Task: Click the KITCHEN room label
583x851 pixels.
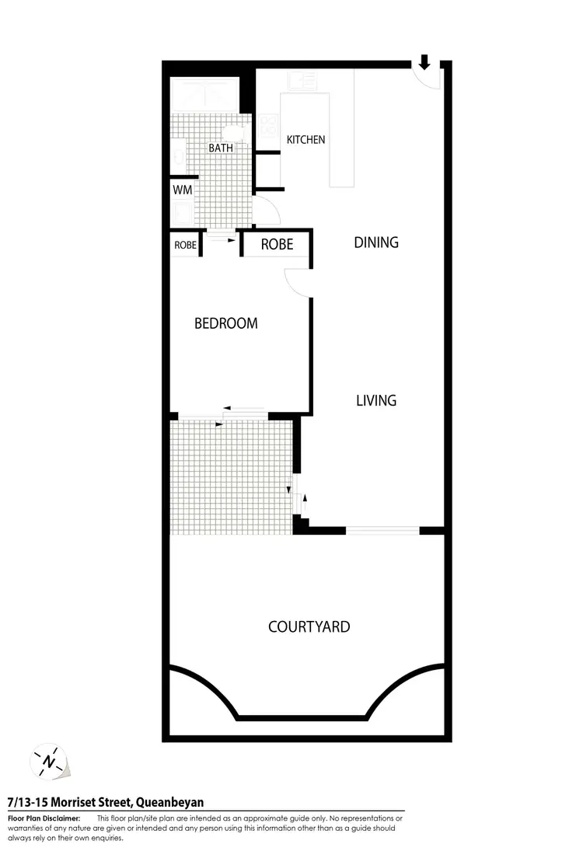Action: click(305, 140)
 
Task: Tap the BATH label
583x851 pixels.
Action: click(220, 148)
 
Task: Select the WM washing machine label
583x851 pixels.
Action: click(182, 189)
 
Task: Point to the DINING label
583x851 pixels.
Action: click(376, 242)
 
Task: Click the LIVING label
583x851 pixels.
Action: click(376, 401)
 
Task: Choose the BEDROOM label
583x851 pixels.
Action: click(225, 323)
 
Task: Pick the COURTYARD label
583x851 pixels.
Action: click(309, 626)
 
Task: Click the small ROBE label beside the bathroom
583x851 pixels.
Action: click(185, 244)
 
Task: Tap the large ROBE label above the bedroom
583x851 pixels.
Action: click(277, 244)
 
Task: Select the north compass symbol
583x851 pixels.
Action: click(50, 760)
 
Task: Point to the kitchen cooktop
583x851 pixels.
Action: click(269, 125)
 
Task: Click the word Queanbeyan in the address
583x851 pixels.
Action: click(171, 802)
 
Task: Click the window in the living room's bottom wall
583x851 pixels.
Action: click(382, 532)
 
